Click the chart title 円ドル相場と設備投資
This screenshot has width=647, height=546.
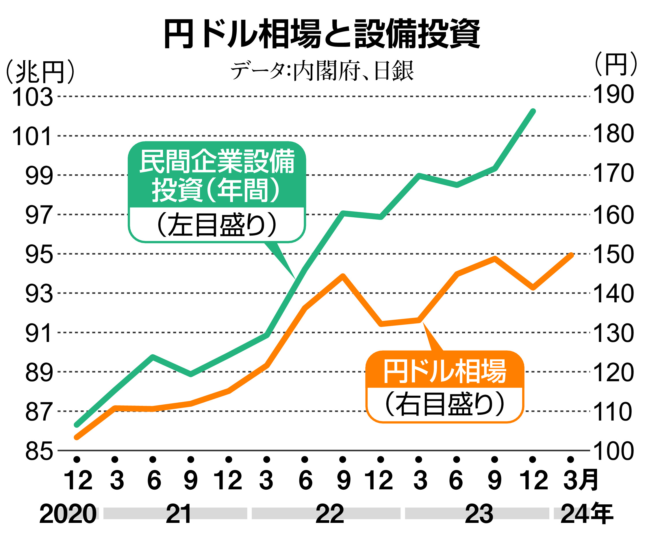click(322, 34)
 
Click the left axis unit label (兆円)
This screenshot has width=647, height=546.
click(40, 72)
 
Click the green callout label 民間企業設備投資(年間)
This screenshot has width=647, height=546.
click(217, 175)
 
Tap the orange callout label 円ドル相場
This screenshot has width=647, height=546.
click(445, 371)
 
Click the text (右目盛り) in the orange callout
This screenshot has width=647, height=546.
click(445, 405)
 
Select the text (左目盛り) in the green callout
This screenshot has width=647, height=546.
click(217, 225)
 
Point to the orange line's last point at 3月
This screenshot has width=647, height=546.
click(572, 255)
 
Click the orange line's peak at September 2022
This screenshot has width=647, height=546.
click(342, 276)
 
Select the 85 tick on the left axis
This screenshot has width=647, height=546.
click(39, 451)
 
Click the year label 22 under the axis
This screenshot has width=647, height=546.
click(329, 514)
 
